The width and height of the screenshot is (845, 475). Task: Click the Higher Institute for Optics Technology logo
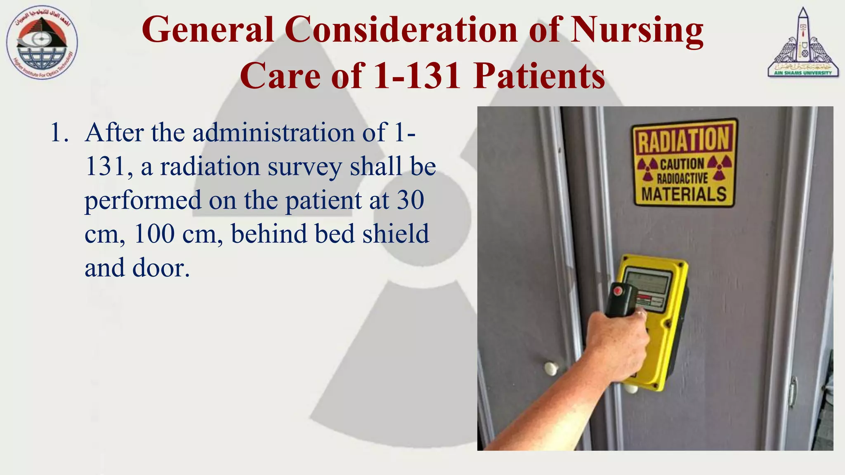42,43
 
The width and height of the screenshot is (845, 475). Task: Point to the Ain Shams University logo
803,43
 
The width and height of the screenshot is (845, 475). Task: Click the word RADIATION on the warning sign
684,140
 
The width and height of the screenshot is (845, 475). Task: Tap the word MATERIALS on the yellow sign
684,194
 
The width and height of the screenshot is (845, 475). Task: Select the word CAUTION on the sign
682,164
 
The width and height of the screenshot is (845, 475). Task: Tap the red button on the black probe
618,291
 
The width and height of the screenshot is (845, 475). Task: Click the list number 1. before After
59,133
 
